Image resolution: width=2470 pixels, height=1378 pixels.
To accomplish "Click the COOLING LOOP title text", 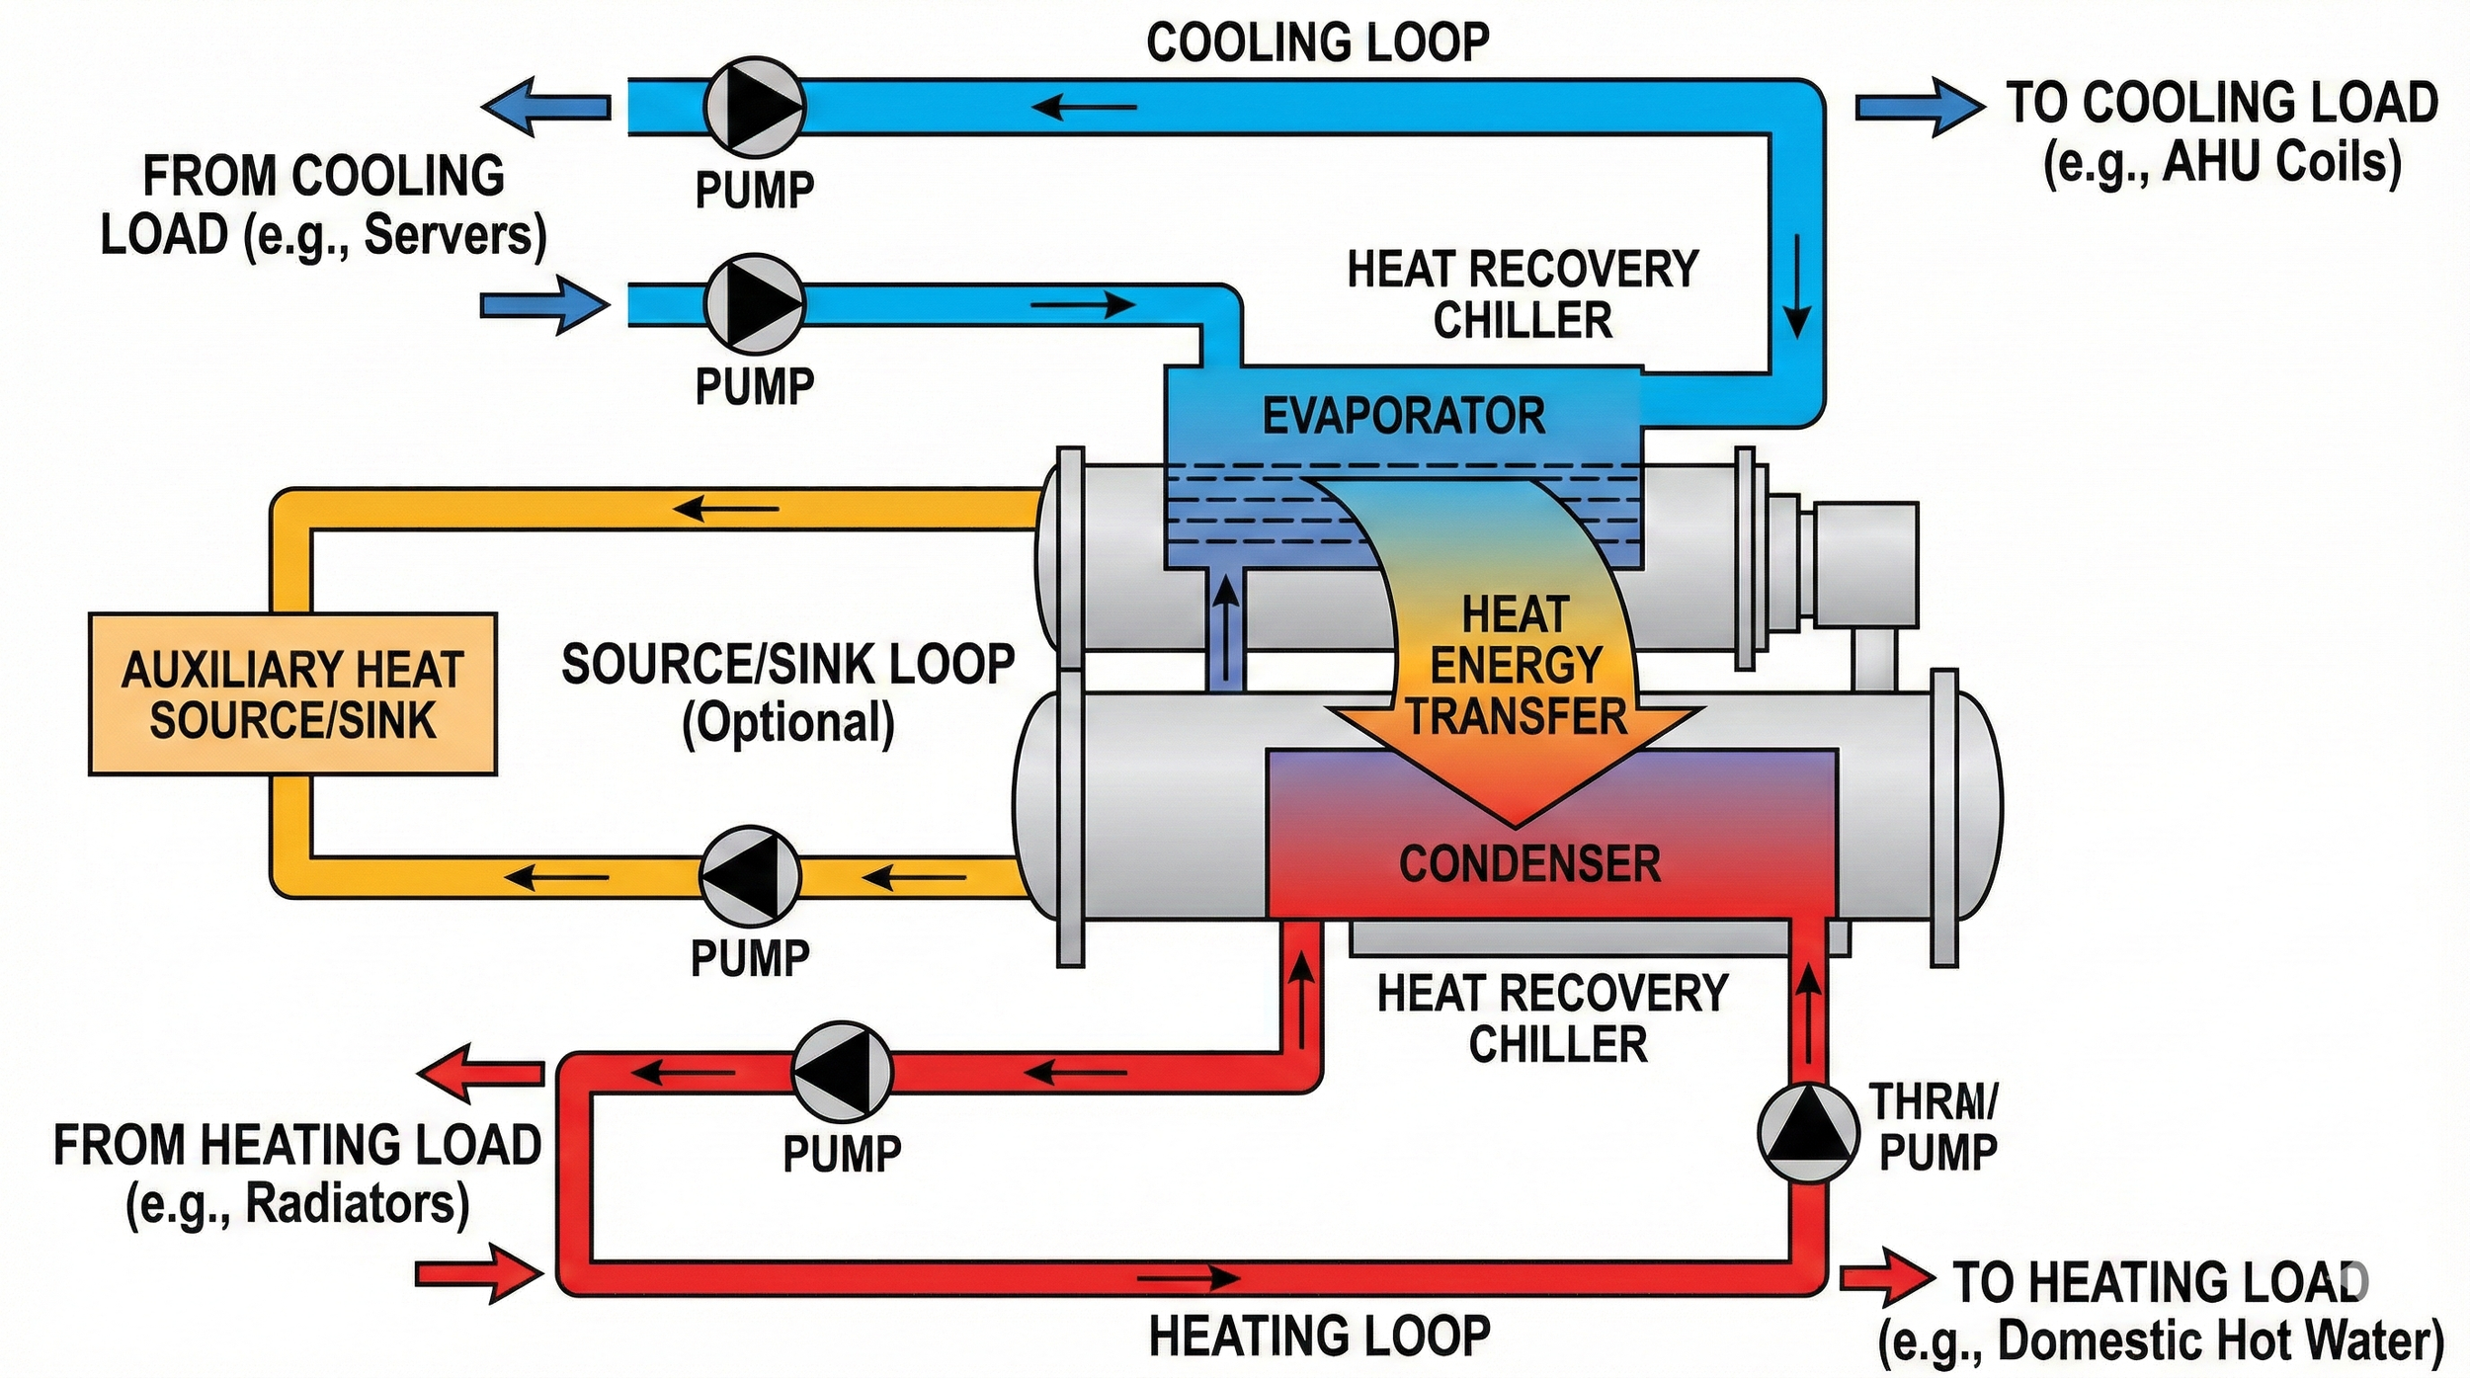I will click(1317, 42).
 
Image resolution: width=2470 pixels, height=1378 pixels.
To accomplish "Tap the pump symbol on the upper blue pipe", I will click(754, 107).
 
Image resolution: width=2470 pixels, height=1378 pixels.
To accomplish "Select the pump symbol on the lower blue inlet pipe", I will click(754, 304).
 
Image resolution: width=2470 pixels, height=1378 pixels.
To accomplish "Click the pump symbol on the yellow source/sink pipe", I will click(750, 875).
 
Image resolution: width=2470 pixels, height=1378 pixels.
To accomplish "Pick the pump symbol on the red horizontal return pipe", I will click(842, 1072).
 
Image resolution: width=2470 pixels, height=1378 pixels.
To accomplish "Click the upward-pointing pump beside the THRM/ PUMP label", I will click(1808, 1133).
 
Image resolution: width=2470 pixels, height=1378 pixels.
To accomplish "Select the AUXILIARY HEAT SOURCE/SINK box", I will click(292, 694).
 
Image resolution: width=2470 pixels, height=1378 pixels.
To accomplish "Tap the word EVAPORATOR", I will click(1404, 416).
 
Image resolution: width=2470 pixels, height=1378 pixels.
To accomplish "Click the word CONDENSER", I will click(1529, 863).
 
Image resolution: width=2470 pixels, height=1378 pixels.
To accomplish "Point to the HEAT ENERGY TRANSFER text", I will click(1516, 665).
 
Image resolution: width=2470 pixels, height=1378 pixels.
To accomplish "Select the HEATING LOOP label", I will click(1319, 1337).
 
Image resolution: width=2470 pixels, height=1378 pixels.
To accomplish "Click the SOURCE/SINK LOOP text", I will click(787, 665).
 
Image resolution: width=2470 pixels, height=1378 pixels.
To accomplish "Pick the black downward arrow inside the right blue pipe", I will click(1797, 286).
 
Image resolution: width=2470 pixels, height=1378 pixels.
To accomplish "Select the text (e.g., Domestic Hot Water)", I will click(2161, 1341).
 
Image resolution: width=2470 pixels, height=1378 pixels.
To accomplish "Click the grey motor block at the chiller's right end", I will click(1865, 565).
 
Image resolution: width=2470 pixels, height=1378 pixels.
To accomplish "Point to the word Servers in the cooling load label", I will click(454, 235).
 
